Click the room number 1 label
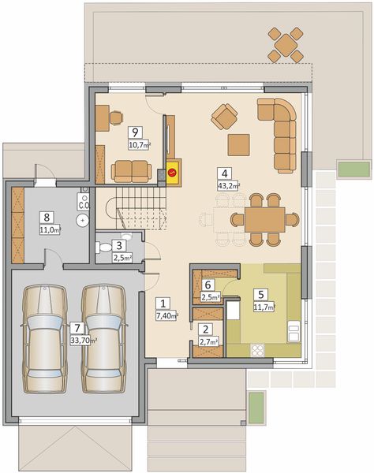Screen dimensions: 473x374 (x=163, y=303)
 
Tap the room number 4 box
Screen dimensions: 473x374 (x=225, y=174)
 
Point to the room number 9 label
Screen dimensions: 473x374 (x=136, y=132)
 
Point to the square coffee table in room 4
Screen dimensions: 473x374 (x=238, y=144)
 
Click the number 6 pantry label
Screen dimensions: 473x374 (x=208, y=285)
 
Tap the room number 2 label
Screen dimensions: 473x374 (x=205, y=330)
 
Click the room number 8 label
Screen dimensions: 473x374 (x=47, y=217)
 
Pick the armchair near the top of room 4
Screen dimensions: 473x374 (x=225, y=119)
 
